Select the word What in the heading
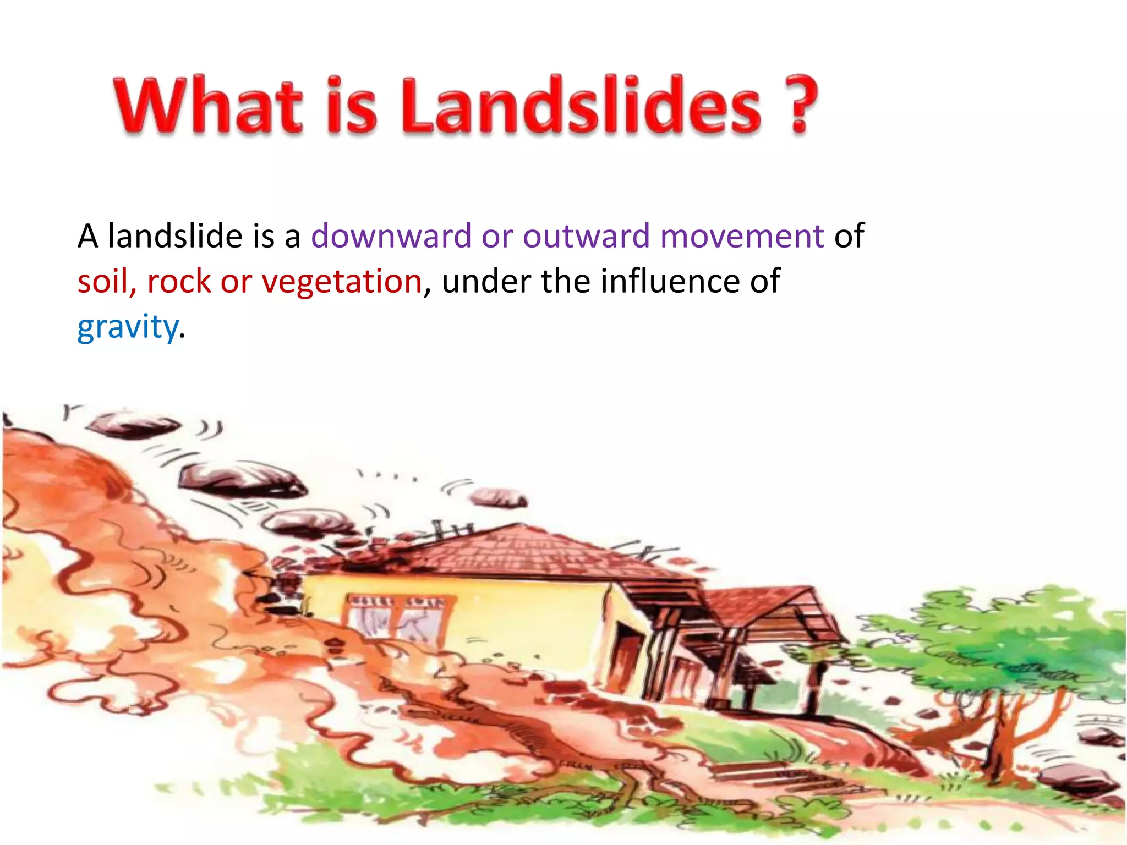tap(209, 106)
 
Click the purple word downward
tap(391, 236)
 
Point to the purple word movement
tap(741, 236)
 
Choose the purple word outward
tap(586, 236)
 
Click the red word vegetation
tap(341, 282)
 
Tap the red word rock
tap(179, 282)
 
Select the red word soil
tap(102, 282)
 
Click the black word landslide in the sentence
tap(175, 236)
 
